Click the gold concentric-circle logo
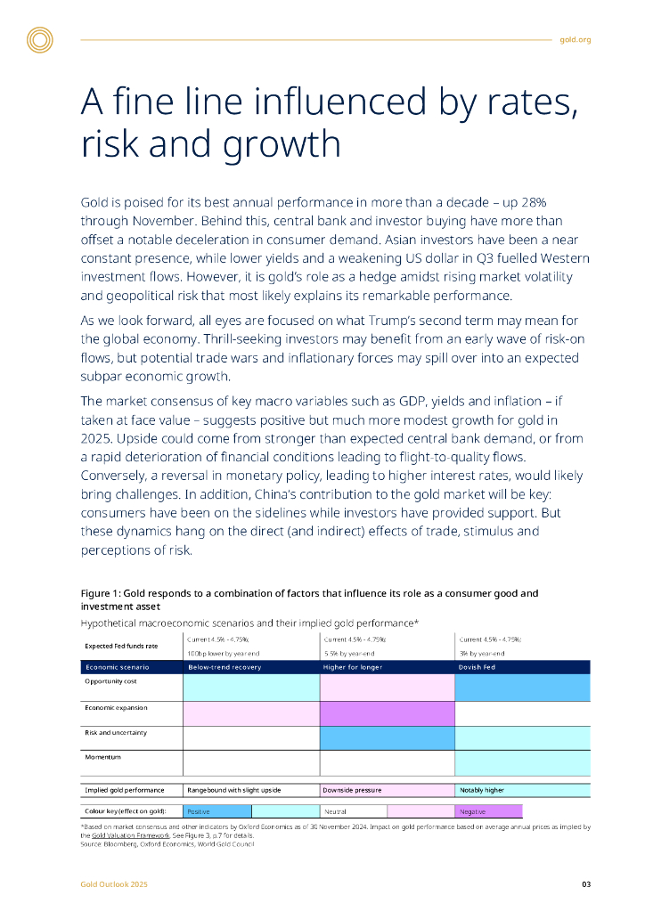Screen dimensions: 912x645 [40, 40]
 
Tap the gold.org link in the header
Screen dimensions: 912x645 [576, 40]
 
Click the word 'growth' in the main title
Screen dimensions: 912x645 [282, 144]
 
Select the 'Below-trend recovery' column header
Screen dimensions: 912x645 [224, 666]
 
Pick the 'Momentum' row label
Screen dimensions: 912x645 [102, 757]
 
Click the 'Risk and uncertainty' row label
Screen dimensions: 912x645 [116, 732]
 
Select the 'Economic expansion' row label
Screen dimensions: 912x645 [116, 707]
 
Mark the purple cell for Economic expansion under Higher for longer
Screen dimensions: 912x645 [387, 713]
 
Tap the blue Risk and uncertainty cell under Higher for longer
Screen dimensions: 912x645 [387, 737]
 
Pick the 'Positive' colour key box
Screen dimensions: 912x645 [217, 811]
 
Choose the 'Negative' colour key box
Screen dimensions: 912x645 [487, 811]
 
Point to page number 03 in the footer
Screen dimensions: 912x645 [586, 884]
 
